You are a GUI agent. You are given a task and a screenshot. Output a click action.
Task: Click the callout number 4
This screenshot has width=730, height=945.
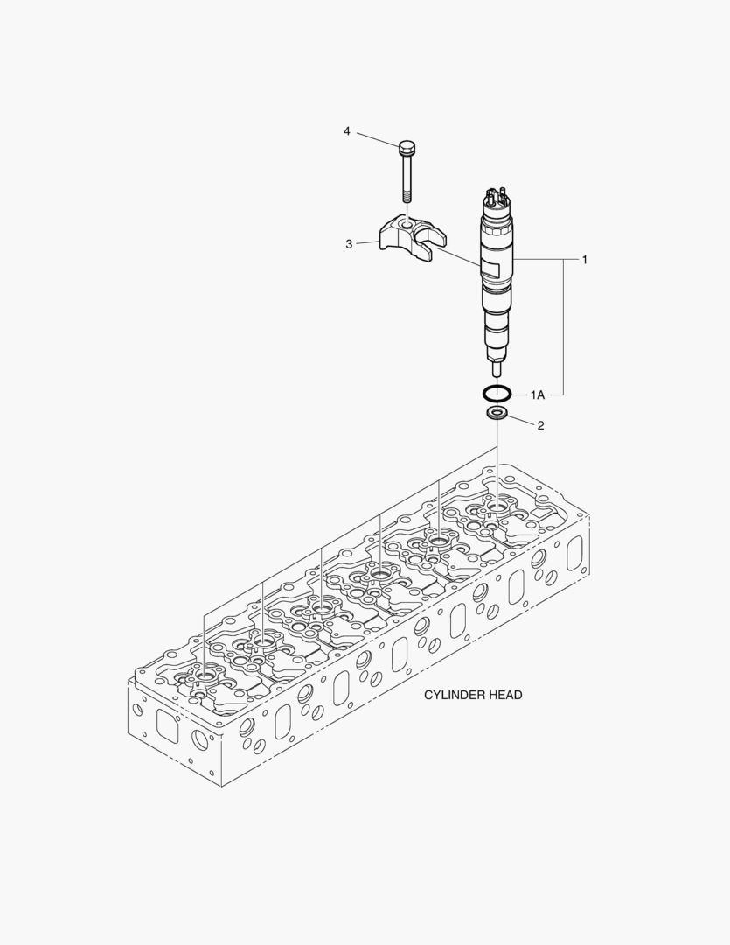tap(347, 131)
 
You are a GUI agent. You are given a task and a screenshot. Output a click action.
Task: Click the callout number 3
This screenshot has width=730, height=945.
tap(349, 244)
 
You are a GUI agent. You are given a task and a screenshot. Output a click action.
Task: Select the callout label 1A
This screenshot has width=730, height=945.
tap(537, 395)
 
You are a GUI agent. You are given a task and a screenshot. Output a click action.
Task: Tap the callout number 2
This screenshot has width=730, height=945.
tap(540, 426)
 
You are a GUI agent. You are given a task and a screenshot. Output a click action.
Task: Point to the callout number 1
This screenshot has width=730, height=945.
tap(585, 260)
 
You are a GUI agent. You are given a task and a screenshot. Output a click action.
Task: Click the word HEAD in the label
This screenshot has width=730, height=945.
tap(506, 695)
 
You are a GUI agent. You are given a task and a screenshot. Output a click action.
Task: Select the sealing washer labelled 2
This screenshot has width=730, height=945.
tap(497, 412)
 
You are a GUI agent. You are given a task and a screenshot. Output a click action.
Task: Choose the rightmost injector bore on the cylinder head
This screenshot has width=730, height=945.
tap(497, 506)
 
